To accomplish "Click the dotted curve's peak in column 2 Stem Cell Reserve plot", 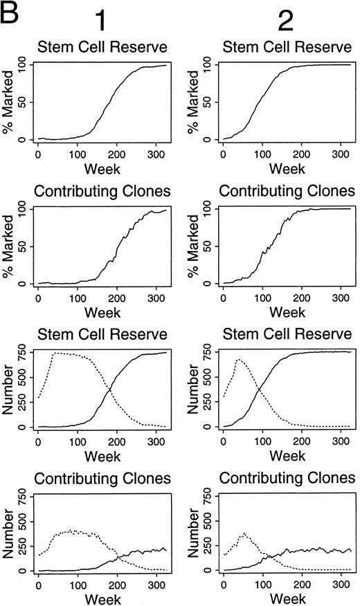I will pos(239,360).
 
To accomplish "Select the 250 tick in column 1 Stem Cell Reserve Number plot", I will pos(22,403).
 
